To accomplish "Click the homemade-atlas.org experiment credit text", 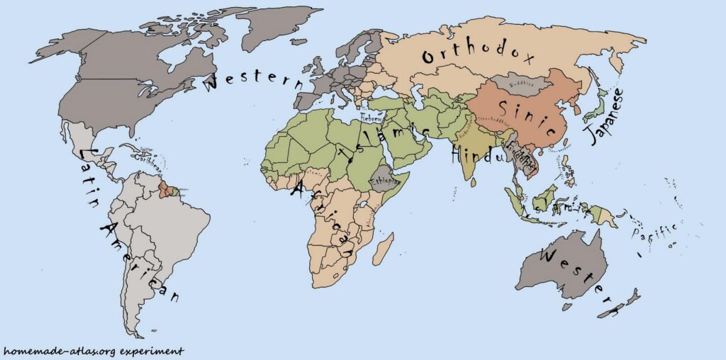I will pos(93,351).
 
